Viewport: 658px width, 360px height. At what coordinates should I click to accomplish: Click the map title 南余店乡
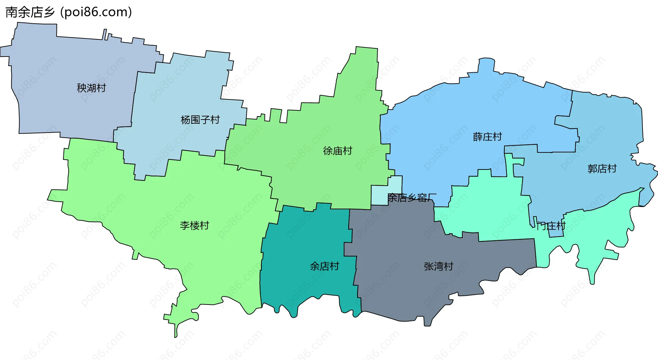30,12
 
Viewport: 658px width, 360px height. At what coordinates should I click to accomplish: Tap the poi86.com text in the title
96,12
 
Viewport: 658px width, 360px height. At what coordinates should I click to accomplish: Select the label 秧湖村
91,88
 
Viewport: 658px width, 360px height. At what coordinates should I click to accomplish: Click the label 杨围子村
200,120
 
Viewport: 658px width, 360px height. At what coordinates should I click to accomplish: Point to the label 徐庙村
338,151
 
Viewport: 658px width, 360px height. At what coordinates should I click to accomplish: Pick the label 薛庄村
487,137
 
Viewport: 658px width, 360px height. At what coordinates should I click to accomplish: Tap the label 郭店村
602,169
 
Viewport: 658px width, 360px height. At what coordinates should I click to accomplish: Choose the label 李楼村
194,225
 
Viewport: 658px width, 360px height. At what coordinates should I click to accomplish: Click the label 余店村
324,266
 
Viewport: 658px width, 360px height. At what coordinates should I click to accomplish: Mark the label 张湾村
438,266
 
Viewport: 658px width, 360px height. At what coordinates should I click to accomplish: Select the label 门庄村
551,226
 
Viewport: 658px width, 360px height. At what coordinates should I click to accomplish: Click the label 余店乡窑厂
412,198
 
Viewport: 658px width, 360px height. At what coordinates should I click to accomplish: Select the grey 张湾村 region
411,291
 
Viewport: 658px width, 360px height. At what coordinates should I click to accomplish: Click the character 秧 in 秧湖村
82,88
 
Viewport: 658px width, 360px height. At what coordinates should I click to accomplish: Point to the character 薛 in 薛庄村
478,137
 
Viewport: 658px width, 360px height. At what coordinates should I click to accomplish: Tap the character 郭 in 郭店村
592,169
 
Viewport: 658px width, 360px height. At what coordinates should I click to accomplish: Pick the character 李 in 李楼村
185,225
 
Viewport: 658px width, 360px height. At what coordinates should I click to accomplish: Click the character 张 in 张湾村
429,266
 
